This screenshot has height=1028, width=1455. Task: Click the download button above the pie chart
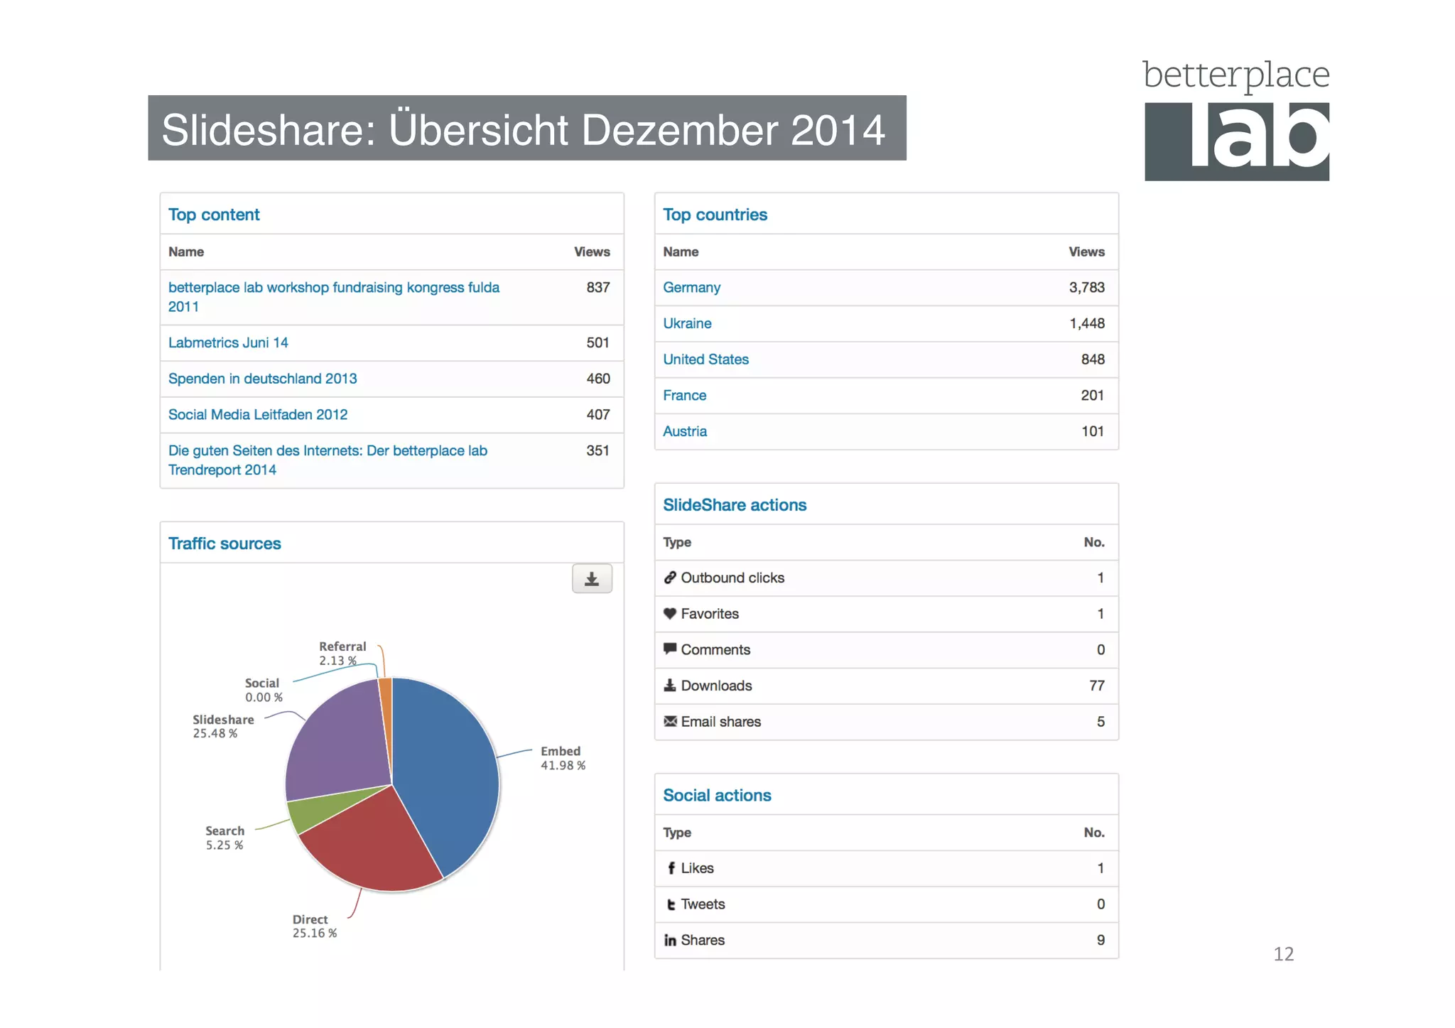click(x=592, y=579)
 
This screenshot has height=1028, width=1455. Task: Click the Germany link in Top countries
click(x=691, y=288)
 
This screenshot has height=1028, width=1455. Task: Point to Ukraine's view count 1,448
click(x=1086, y=324)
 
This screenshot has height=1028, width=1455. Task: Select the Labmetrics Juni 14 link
click(x=228, y=343)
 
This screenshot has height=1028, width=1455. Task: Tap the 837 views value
click(x=597, y=288)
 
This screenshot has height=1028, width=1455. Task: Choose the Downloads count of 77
click(x=1096, y=686)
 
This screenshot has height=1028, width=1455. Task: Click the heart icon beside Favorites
click(x=669, y=614)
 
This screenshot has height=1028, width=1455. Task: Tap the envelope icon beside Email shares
click(x=669, y=722)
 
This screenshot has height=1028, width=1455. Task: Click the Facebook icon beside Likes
click(x=671, y=868)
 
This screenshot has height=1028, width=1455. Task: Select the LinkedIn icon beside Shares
click(x=670, y=941)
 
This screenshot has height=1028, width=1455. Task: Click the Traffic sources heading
click(x=225, y=543)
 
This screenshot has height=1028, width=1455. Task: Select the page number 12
click(x=1283, y=954)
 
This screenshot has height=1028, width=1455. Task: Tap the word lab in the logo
click(x=1257, y=139)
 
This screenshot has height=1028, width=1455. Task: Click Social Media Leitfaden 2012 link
click(x=258, y=415)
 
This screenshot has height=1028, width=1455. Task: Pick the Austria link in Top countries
click(x=685, y=432)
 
